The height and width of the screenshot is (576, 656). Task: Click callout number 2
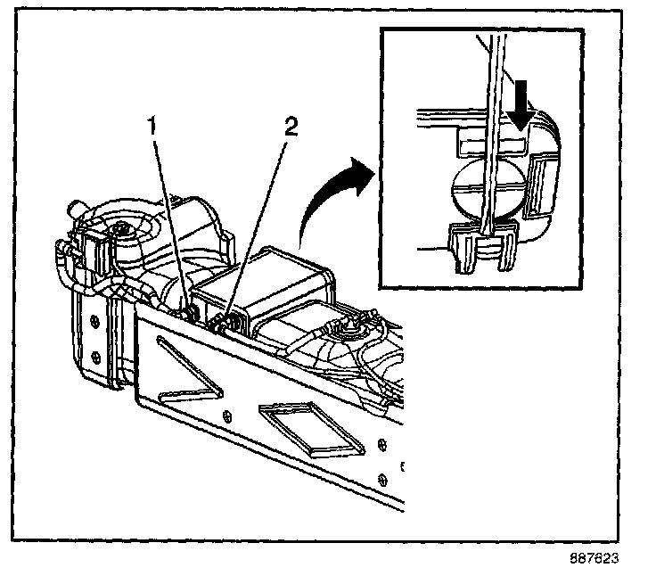pyautogui.click(x=289, y=126)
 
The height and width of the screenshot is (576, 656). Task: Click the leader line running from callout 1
pyautogui.click(x=171, y=223)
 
